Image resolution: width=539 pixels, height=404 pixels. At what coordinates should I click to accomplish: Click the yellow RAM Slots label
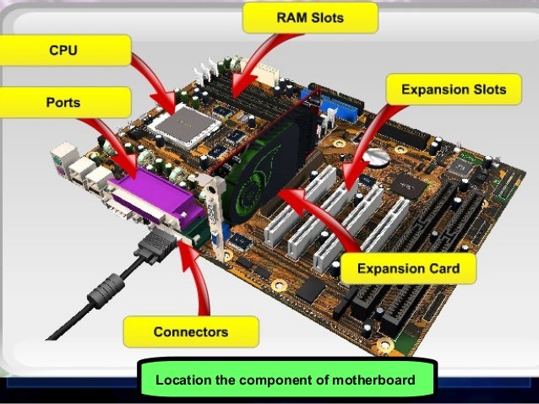click(297, 15)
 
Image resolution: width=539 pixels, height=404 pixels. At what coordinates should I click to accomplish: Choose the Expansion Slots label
click(454, 89)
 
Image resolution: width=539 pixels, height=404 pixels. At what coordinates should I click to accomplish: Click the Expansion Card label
click(408, 269)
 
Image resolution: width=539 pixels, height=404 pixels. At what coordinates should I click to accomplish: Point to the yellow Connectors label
click(190, 331)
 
